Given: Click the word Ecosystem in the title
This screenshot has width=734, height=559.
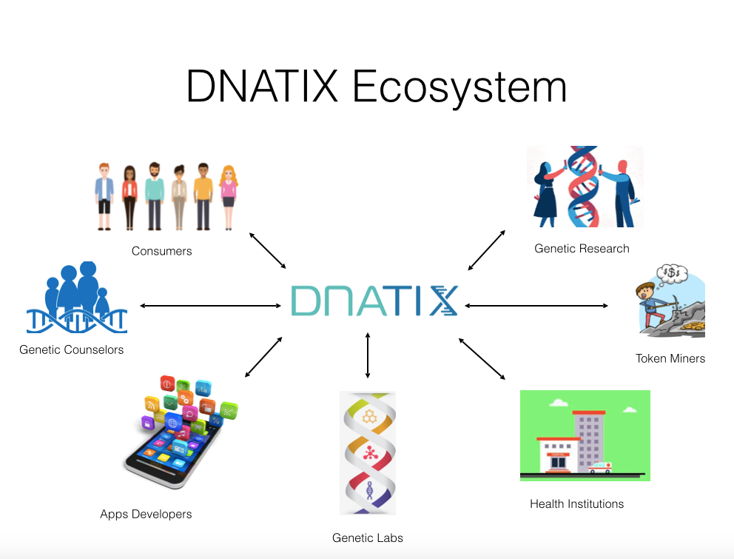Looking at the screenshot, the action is pos(459,87).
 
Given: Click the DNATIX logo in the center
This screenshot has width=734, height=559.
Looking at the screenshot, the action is pos(374,301).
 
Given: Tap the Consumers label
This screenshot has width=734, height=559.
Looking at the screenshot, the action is pos(161,251).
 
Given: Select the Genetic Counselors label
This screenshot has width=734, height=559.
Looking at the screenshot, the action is pos(71,349).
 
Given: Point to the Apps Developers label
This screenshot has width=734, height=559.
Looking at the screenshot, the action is pos(146,515).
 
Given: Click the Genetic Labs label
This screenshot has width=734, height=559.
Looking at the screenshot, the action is pos(368,538).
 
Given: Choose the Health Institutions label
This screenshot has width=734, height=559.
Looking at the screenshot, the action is pos(576,503).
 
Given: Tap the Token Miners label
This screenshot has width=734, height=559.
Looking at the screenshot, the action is pos(670,358).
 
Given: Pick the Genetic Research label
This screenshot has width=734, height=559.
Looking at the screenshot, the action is pos(582,248).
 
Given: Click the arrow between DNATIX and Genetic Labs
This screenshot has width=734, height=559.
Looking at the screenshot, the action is pos(368,355).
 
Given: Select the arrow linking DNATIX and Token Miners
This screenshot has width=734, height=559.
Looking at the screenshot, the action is pos(536,306).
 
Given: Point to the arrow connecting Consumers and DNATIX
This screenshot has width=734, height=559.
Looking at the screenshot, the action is pos(267,250).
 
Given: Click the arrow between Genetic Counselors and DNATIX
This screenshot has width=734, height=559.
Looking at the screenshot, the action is pos(210,306).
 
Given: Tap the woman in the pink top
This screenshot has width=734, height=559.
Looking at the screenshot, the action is pos(229,197).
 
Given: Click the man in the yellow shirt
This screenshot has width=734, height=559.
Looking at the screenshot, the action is pos(203,196).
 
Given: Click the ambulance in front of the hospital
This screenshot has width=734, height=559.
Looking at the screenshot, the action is pos(599,467).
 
